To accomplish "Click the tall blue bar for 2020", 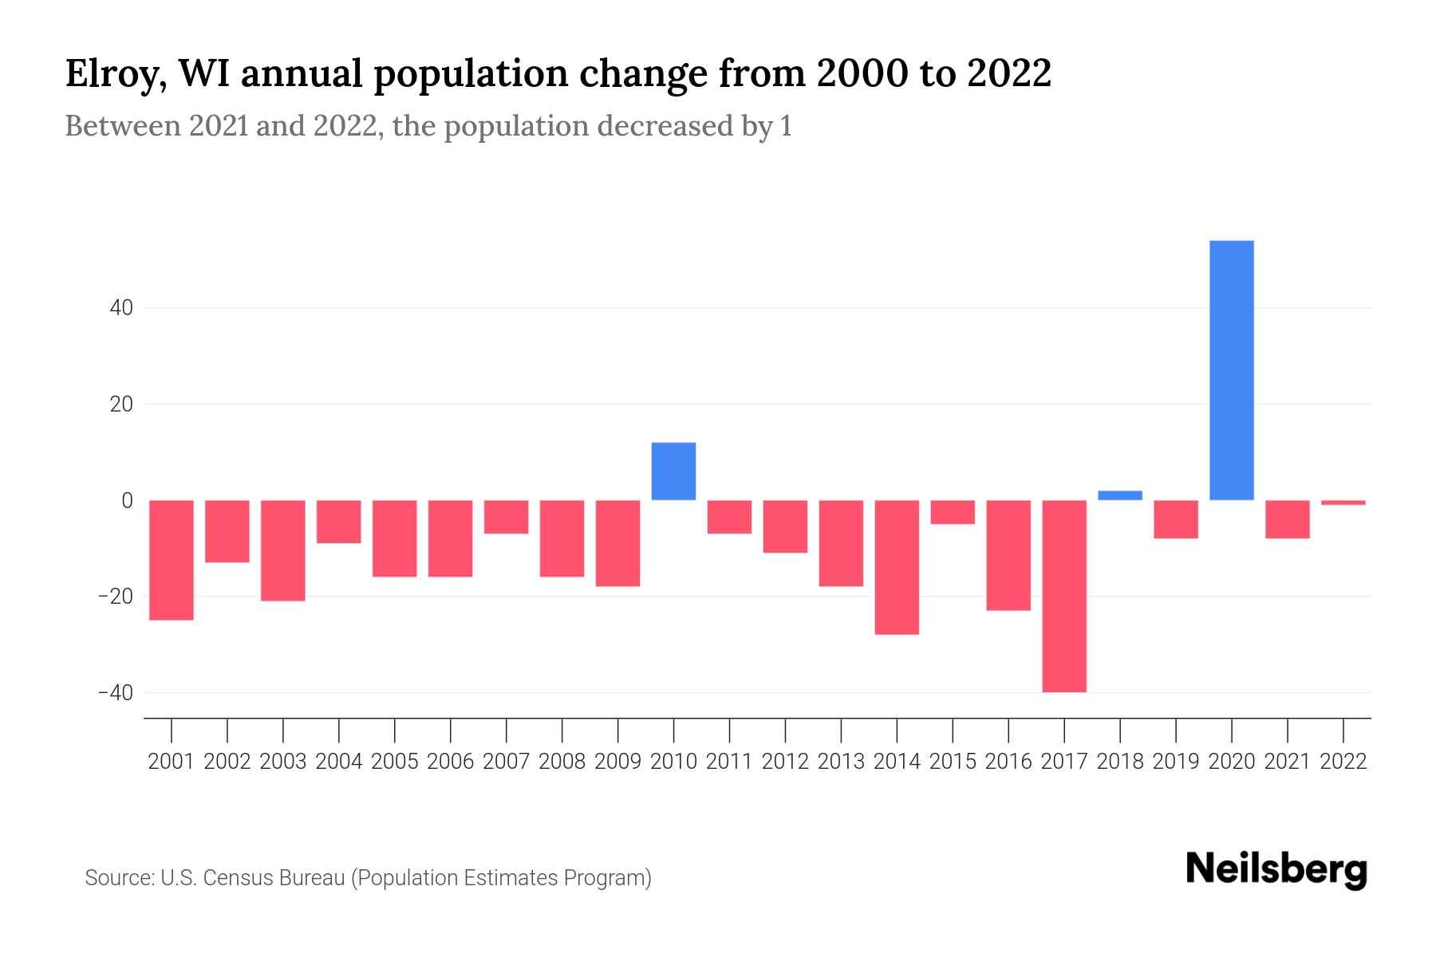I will [1231, 370].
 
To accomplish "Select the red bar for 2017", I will [1064, 596].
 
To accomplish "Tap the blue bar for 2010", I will [673, 471].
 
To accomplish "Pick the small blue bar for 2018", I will [1120, 495].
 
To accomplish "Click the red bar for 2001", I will [172, 560].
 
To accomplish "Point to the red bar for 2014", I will [897, 567].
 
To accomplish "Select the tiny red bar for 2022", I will [1343, 502].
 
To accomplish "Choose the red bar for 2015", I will [953, 512].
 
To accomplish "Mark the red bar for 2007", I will [506, 517].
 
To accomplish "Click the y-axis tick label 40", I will [121, 308].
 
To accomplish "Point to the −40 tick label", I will [115, 692].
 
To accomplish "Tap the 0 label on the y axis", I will [127, 501].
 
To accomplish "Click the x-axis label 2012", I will [785, 762].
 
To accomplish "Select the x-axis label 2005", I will [395, 762].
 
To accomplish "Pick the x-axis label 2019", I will [1175, 762].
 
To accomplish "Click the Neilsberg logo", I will [1276, 869].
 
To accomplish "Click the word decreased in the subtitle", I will [665, 126].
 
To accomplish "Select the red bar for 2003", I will [283, 550].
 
